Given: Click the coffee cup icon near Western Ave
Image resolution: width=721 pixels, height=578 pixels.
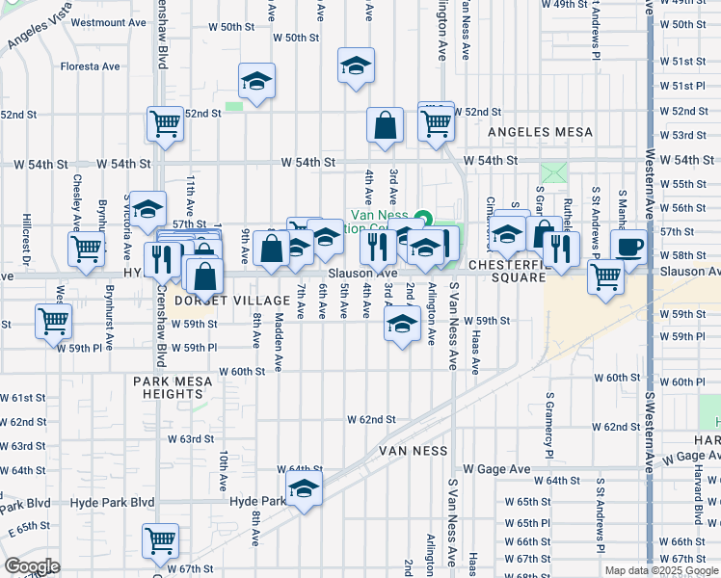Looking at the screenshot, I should click(x=628, y=247).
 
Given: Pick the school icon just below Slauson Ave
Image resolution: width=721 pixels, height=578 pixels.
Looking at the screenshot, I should click(x=402, y=324).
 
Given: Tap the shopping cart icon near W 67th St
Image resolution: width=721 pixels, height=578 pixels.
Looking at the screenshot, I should click(x=160, y=539).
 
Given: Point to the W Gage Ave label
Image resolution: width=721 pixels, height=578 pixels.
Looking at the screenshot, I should click(x=496, y=469).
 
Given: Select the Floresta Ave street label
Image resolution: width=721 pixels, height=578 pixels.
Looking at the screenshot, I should click(x=91, y=67).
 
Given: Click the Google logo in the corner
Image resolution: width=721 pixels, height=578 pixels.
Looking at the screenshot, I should click(x=32, y=565).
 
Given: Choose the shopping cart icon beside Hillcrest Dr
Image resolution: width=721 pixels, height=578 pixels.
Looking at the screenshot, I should click(x=86, y=249).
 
